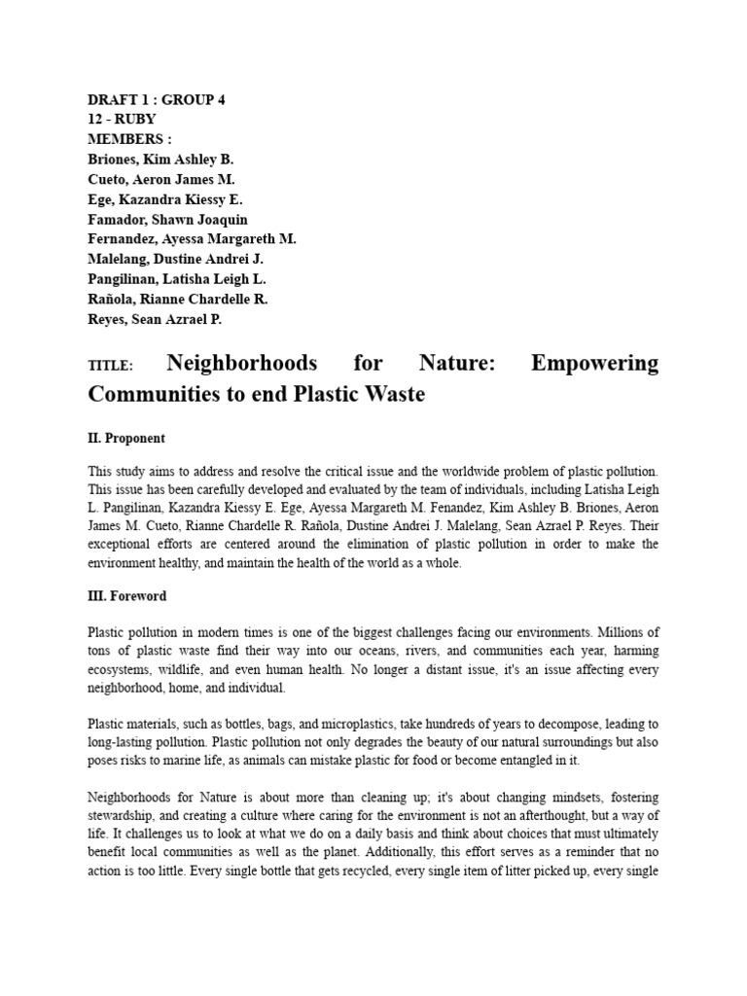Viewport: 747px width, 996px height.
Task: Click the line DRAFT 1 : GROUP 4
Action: pyautogui.click(x=157, y=100)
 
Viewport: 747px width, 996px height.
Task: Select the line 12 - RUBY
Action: pyautogui.click(x=122, y=119)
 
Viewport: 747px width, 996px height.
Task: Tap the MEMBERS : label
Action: pyautogui.click(x=129, y=138)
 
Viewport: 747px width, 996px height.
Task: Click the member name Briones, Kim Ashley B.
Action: pyautogui.click(x=160, y=159)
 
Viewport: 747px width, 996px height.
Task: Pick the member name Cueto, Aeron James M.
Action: pyautogui.click(x=161, y=179)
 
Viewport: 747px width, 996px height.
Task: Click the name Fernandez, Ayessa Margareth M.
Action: pyautogui.click(x=192, y=238)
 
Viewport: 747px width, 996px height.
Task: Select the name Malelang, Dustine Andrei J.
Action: pyautogui.click(x=175, y=259)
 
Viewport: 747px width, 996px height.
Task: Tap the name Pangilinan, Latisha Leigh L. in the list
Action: pyautogui.click(x=177, y=279)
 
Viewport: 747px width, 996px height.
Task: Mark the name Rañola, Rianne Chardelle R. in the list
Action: pyautogui.click(x=177, y=299)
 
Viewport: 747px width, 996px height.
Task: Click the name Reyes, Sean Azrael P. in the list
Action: pyautogui.click(x=155, y=319)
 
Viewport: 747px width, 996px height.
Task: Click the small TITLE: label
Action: pyautogui.click(x=109, y=367)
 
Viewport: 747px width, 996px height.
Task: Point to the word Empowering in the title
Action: pyautogui.click(x=594, y=364)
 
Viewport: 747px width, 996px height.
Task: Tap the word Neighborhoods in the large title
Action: pyautogui.click(x=242, y=364)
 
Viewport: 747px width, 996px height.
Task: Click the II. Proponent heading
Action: pyautogui.click(x=126, y=439)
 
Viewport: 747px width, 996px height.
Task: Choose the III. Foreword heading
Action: pyautogui.click(x=127, y=595)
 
